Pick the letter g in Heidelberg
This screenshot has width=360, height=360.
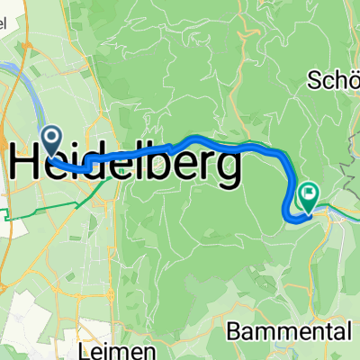[x=228, y=171]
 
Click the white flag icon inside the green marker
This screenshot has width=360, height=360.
[x=309, y=192]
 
